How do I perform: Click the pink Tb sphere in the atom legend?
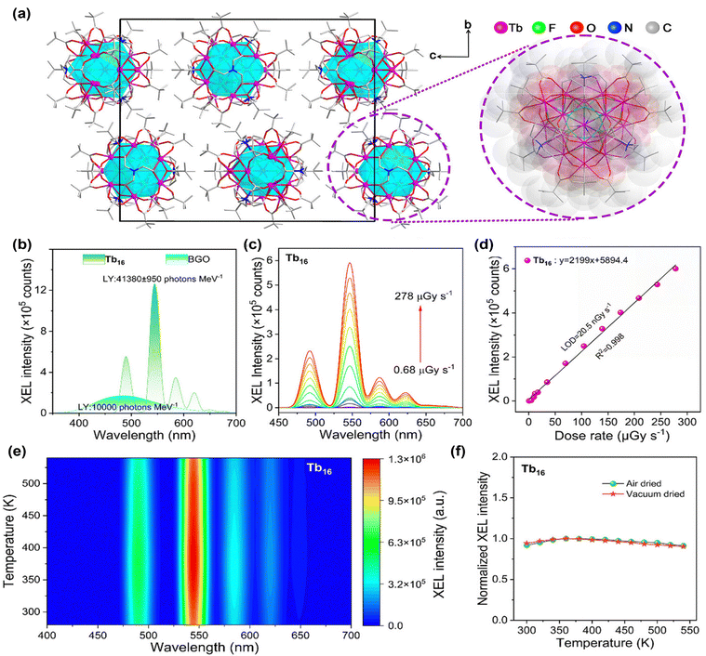click(501, 28)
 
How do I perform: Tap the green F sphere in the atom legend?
click(539, 28)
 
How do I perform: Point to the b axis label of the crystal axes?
click(468, 24)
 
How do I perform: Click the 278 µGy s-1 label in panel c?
click(423, 295)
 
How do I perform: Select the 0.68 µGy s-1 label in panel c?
click(423, 370)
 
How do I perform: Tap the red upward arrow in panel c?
click(420, 335)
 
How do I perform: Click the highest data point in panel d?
click(675, 269)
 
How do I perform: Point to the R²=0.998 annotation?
click(610, 347)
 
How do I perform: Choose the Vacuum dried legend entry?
click(644, 494)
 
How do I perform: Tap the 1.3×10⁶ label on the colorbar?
click(407, 459)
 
